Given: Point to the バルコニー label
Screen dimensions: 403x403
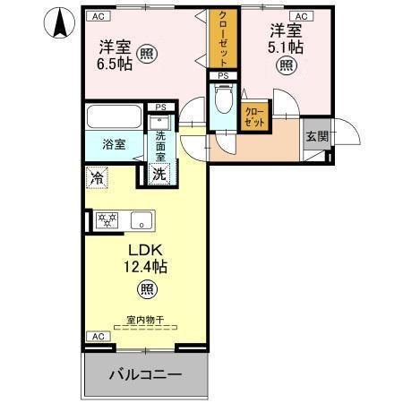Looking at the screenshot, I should pyautogui.click(x=147, y=374).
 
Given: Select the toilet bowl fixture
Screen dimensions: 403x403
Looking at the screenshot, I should pyautogui.click(x=223, y=100).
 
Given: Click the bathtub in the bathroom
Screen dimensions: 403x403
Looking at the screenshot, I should pyautogui.click(x=113, y=117).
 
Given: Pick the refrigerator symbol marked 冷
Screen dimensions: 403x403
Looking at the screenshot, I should pyautogui.click(x=97, y=177).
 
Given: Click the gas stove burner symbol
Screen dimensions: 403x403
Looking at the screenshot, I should pyautogui.click(x=106, y=219).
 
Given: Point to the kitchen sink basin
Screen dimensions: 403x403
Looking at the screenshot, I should pyautogui.click(x=141, y=219).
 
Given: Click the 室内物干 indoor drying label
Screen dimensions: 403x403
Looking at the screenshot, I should pyautogui.click(x=143, y=320).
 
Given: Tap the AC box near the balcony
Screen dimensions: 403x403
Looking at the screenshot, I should pyautogui.click(x=99, y=336).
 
